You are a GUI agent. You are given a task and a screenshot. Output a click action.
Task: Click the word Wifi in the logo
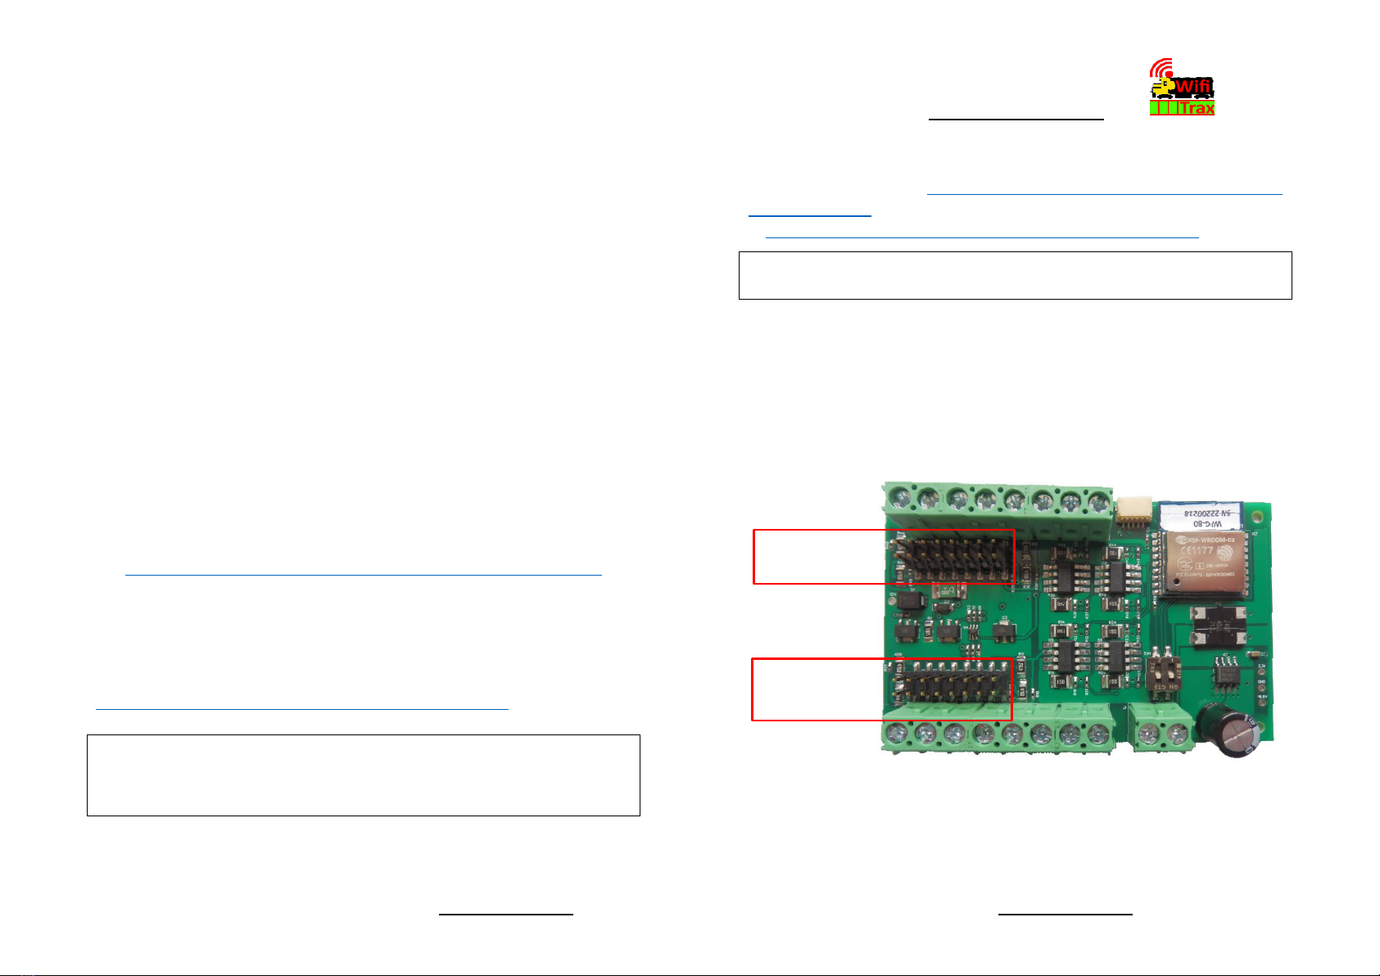[1193, 86]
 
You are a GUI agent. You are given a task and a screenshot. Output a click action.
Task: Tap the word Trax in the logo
[1197, 108]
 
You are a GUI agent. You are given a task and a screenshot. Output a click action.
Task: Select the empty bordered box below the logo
[1015, 275]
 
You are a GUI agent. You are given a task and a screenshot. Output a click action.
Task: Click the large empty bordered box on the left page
[363, 775]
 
